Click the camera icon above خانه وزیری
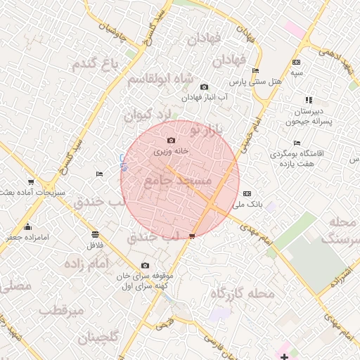pyautogui.click(x=171, y=141)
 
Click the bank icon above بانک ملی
pyautogui.click(x=246, y=193)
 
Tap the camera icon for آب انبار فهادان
pyautogui.click(x=204, y=86)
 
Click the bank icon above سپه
pyautogui.click(x=297, y=63)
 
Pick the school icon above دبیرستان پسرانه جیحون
pyautogui.click(x=309, y=101)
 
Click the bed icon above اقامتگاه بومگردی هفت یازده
pyautogui.click(x=297, y=143)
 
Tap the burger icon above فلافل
pyautogui.click(x=95, y=234)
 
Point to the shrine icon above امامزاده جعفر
pyautogui.click(x=27, y=226)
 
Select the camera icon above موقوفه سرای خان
pyautogui.click(x=145, y=265)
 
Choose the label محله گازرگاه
pyautogui.click(x=240, y=293)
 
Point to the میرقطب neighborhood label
pyautogui.click(x=61, y=309)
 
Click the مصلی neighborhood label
pyautogui.click(x=15, y=286)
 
